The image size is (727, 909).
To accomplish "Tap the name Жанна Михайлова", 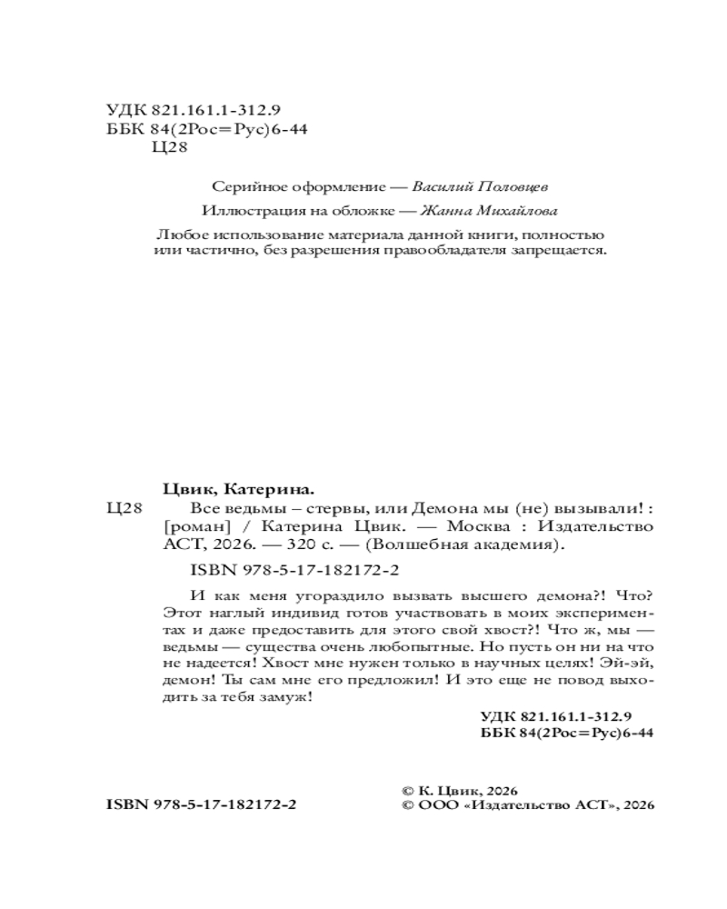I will [x=481, y=210].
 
